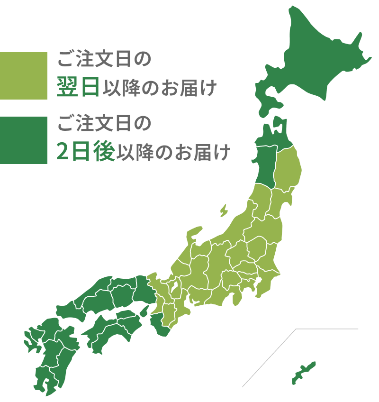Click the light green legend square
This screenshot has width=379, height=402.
pyautogui.click(x=24, y=76)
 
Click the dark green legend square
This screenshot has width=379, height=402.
pyautogui.click(x=24, y=140)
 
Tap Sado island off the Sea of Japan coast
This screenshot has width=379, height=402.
pyautogui.click(x=224, y=210)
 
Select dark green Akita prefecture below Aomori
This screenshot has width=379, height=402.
pyautogui.click(x=265, y=164)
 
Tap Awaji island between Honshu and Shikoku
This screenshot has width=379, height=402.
pyautogui.click(x=144, y=311)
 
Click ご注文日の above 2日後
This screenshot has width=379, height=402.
pyautogui.click(x=104, y=124)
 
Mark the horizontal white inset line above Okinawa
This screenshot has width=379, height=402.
pyautogui.click(x=327, y=329)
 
